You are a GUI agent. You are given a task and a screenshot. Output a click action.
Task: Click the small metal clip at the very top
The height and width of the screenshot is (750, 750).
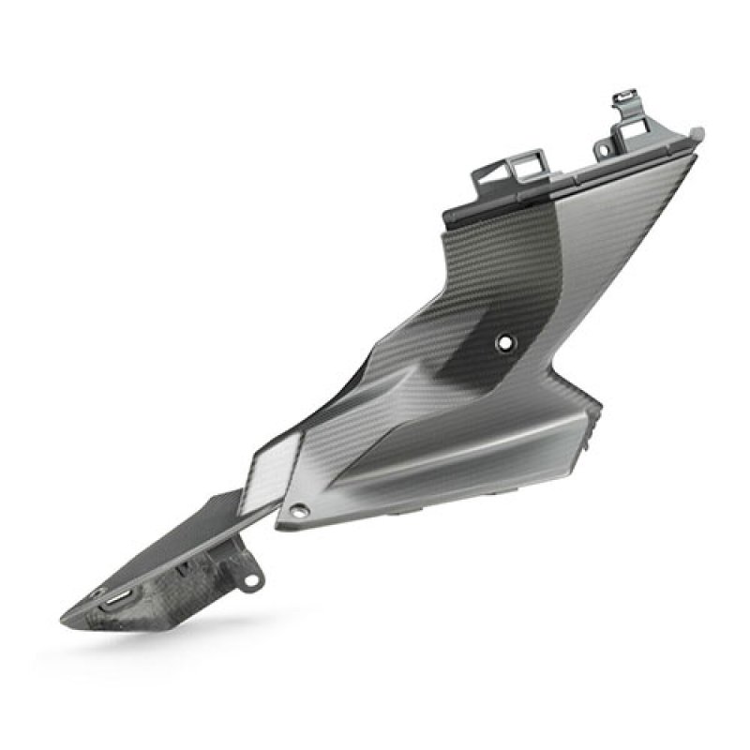(623, 97)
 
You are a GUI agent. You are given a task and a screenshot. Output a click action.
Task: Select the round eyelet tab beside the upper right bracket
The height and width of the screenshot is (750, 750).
(603, 147)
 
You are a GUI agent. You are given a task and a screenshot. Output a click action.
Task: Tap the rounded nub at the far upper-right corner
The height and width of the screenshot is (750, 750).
(697, 133)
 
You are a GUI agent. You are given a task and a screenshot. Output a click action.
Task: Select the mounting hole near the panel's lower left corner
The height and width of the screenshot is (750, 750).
(300, 511)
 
